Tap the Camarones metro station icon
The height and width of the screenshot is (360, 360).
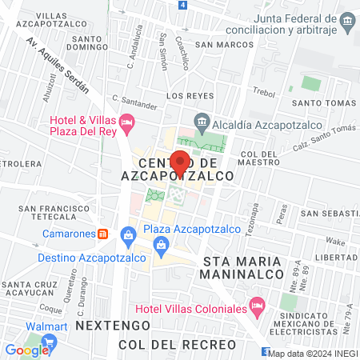click(102, 234)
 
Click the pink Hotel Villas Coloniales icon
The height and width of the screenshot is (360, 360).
click(257, 305)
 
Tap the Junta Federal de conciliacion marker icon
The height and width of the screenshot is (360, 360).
click(347, 19)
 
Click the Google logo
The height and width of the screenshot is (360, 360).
click(27, 350)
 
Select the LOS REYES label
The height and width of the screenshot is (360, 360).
click(185, 95)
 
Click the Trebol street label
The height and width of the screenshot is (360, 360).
click(263, 92)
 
